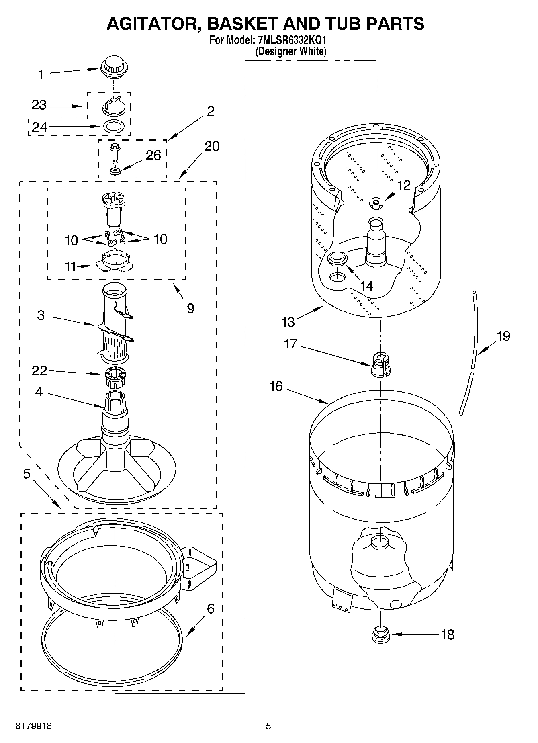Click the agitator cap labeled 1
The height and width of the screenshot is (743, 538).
[x=114, y=67]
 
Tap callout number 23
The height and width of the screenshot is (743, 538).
[x=39, y=105]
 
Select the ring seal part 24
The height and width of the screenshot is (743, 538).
[x=114, y=126]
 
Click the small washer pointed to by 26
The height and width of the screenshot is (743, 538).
[x=115, y=171]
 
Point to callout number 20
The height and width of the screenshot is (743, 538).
[x=212, y=146]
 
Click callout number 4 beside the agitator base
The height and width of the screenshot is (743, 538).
[x=39, y=391]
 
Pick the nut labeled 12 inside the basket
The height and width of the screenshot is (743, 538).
[x=376, y=203]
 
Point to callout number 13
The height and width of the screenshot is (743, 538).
[x=288, y=321]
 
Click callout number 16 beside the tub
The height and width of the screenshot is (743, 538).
[x=276, y=386]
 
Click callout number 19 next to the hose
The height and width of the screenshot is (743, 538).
[x=503, y=336]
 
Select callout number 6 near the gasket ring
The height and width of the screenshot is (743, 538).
[x=211, y=608]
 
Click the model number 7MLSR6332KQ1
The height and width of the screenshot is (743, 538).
[x=292, y=41]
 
